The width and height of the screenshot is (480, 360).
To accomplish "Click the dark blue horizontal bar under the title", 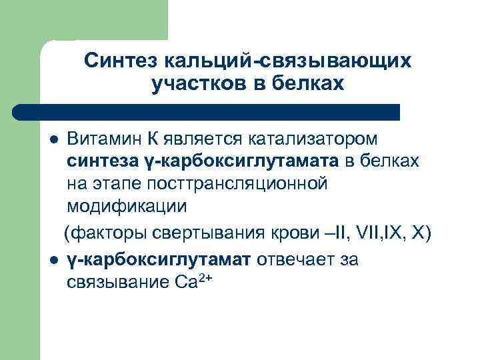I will pos(207,111).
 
